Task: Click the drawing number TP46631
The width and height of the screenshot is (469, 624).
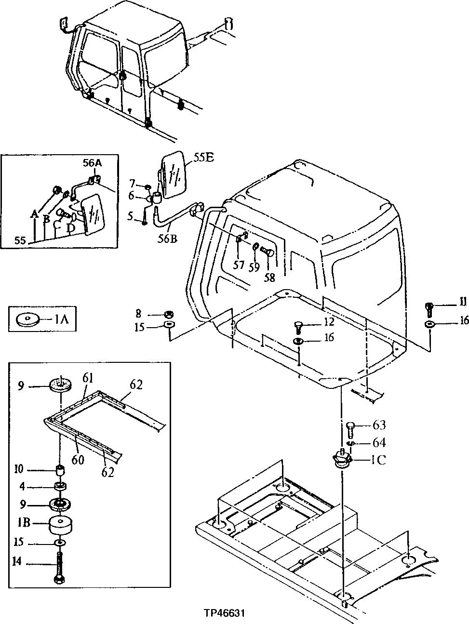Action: click(224, 614)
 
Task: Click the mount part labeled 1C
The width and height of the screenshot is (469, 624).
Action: click(342, 459)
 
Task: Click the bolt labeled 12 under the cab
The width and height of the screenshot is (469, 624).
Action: click(297, 328)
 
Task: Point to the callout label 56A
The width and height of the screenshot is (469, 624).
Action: click(92, 163)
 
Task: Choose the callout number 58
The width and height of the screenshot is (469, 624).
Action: click(269, 277)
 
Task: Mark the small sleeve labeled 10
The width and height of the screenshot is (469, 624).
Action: click(61, 470)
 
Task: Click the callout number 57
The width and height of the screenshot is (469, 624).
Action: click(239, 264)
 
